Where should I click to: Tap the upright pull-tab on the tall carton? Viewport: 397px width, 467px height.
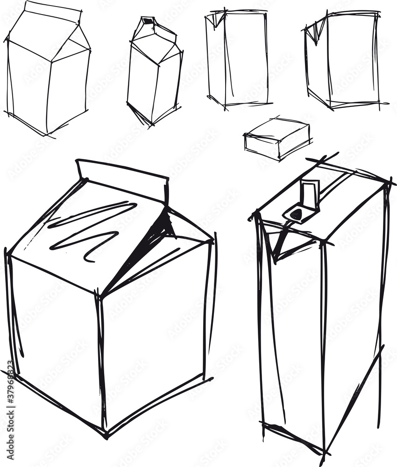click(x=309, y=194)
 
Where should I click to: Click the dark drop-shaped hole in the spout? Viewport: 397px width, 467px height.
click(x=297, y=214)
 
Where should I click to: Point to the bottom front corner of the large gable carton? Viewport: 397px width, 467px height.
click(x=106, y=432)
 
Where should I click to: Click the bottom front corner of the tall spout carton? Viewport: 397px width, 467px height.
click(x=322, y=451)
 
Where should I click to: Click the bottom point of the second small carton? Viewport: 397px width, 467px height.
click(x=149, y=123)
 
